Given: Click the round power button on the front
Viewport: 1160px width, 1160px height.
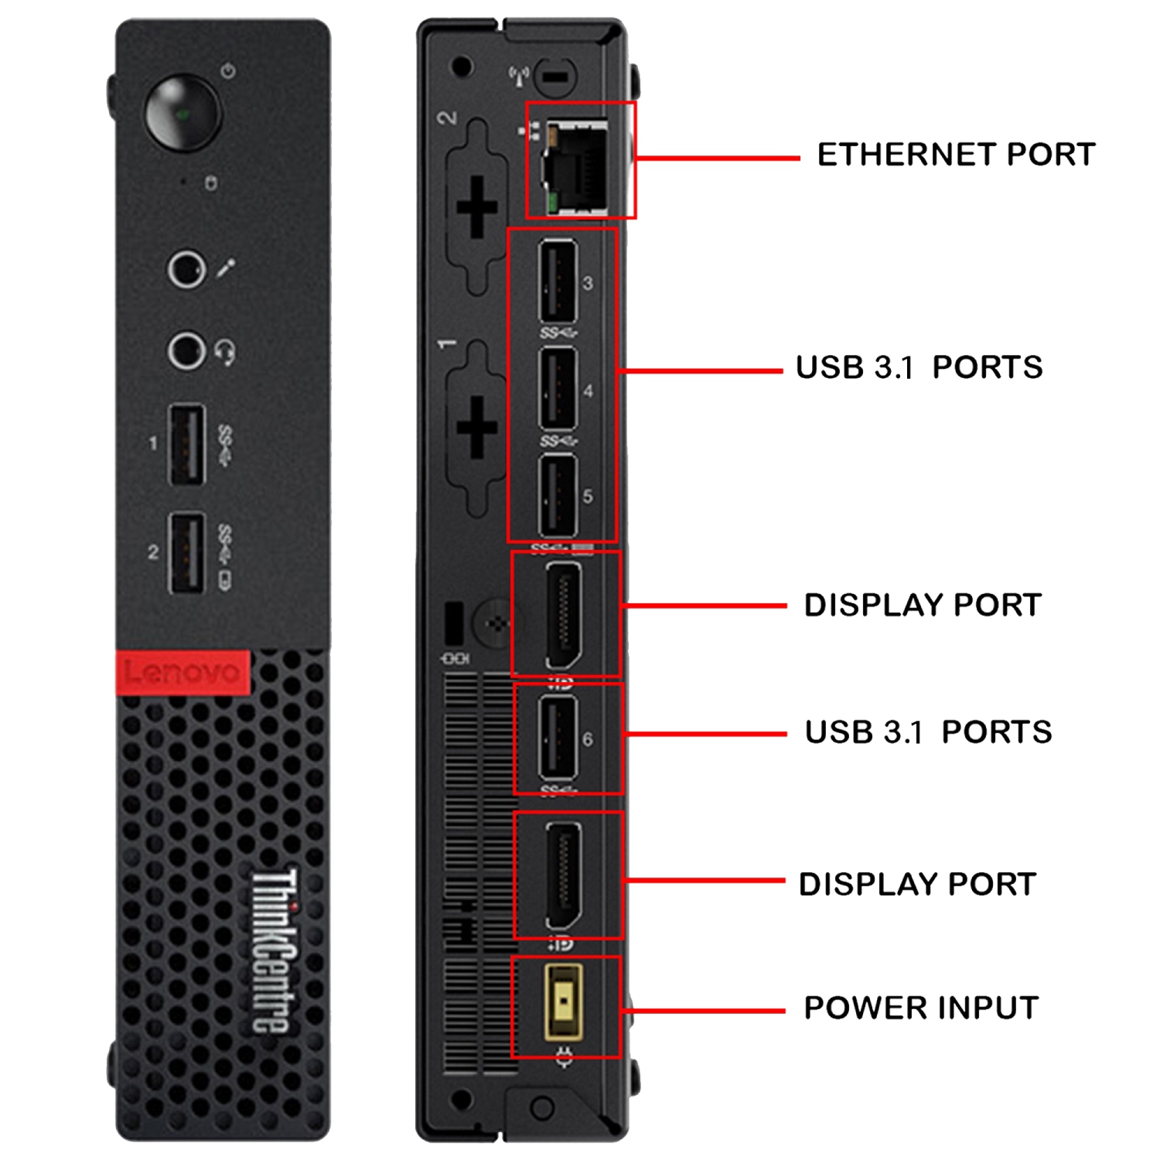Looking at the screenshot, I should click(183, 113).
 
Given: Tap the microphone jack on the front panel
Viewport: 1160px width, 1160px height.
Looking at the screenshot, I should click(186, 269).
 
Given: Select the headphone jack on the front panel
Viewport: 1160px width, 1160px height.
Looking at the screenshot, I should click(186, 351).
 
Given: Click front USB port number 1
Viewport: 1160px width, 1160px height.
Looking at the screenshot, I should click(187, 445).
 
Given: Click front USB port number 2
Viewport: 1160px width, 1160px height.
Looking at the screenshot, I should click(187, 553).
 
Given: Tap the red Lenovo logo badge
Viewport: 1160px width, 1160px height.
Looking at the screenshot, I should click(183, 672).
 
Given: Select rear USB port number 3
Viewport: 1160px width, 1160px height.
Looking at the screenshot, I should click(558, 281).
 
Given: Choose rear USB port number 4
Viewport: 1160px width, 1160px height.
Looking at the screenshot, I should click(558, 389).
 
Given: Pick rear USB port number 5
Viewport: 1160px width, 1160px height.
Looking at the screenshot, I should click(558, 496).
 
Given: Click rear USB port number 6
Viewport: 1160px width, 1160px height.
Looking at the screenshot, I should click(558, 738).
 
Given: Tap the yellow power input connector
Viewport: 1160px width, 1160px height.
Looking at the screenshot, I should click(565, 1001).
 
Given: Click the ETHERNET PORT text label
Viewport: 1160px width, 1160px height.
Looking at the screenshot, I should click(956, 155).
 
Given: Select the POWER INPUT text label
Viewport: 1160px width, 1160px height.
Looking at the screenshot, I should click(921, 1008).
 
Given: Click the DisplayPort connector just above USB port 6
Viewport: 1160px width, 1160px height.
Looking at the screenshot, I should click(565, 615).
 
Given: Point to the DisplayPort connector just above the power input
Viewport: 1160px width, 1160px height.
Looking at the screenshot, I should click(565, 875).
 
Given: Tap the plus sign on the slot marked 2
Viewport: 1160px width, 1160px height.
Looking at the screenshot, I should click(477, 206).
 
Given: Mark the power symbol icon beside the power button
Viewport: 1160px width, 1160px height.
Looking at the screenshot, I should click(227, 71).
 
